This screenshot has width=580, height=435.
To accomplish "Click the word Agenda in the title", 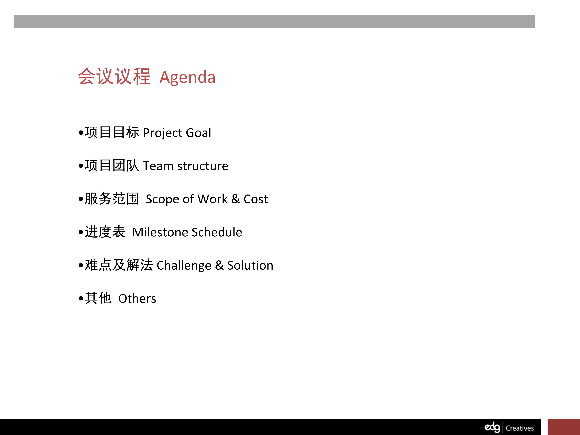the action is tap(188, 78).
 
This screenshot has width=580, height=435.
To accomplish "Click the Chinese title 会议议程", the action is tap(114, 76).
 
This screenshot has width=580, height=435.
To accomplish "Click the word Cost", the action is tap(256, 199).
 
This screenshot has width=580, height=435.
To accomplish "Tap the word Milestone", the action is tap(160, 232).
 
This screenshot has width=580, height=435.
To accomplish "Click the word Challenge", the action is tap(184, 266).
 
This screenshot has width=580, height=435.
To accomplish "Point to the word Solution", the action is tap(250, 265).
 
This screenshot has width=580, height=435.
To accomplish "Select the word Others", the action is tap(137, 299).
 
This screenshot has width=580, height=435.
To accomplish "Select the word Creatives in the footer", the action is tap(520, 428).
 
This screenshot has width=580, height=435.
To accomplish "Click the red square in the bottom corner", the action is tap(564, 427).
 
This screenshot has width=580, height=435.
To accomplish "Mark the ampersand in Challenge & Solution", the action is tap(219, 265).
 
